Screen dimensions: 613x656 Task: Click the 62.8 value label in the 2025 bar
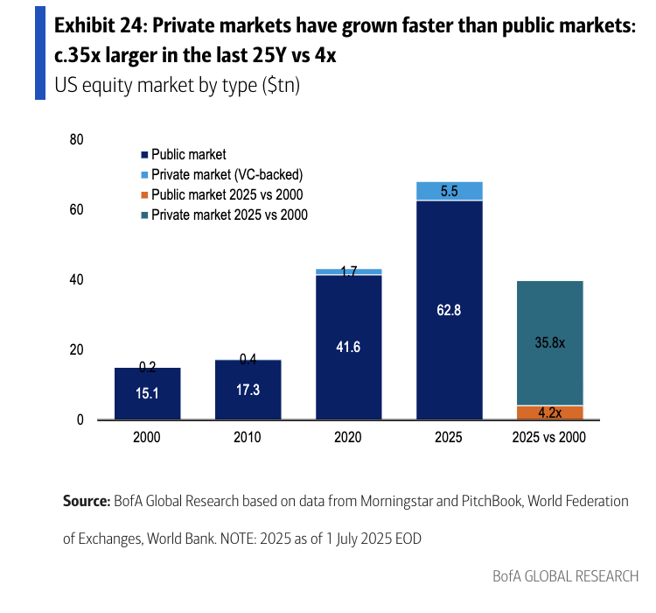[450, 309]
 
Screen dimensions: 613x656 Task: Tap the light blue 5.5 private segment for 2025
[450, 191]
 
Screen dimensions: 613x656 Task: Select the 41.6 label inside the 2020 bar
[348, 347]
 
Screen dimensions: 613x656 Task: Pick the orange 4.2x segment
[550, 412]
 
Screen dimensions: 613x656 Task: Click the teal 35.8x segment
[550, 342]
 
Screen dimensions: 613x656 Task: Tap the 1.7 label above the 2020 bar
[348, 272]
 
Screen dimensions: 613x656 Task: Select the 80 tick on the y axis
[76, 140]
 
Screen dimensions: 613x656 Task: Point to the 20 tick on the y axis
[76, 350]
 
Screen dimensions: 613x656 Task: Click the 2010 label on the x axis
[248, 438]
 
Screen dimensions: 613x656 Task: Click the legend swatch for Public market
[144, 155]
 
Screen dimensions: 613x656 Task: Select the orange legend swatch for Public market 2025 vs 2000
[144, 194]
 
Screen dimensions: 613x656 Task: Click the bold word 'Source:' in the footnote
[86, 502]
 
